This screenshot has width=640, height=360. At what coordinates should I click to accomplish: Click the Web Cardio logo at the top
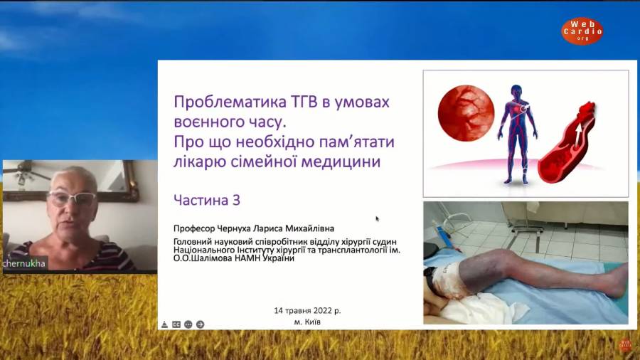tap(582, 31)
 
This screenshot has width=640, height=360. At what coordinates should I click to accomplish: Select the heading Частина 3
tap(207, 200)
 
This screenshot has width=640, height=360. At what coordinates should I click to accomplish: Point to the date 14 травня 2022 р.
tap(307, 311)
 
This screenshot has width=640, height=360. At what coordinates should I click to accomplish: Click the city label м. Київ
tap(307, 322)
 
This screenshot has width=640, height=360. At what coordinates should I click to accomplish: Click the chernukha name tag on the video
tap(24, 263)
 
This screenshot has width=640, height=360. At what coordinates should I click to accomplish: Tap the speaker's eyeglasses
tap(73, 198)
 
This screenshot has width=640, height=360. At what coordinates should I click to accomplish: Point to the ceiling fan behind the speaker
tap(26, 173)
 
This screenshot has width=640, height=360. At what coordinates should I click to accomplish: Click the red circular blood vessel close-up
tap(466, 113)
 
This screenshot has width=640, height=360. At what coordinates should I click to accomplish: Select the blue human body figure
tap(517, 134)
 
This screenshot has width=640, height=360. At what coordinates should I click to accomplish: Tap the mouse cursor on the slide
tap(377, 219)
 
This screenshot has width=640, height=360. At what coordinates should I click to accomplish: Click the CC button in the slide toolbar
tap(176, 324)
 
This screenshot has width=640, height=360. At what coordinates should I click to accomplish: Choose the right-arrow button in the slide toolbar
tap(200, 324)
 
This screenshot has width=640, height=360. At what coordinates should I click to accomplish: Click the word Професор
tap(194, 228)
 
